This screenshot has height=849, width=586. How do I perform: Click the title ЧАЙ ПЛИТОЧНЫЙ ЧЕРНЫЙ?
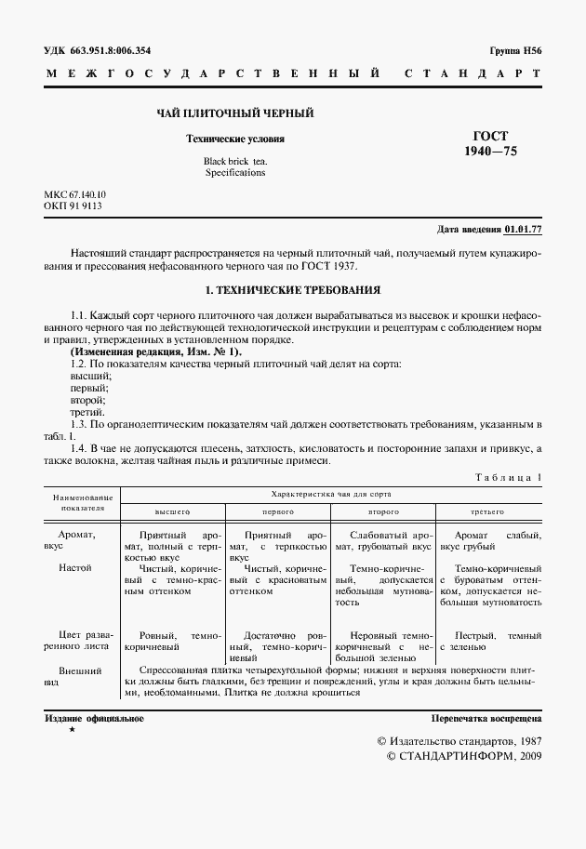coord(233,113)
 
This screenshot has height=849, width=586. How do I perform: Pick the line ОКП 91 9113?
coord(73,206)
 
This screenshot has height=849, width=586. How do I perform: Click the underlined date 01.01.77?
coord(524,229)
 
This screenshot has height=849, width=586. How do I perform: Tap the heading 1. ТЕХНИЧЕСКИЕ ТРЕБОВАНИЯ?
coord(293,290)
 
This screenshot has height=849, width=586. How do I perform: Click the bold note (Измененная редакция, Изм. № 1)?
coord(156,352)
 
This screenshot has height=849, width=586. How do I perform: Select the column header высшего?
coord(171,511)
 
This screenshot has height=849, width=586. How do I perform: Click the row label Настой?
coord(75,566)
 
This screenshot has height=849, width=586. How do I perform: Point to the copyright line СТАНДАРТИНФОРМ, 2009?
coord(462,756)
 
